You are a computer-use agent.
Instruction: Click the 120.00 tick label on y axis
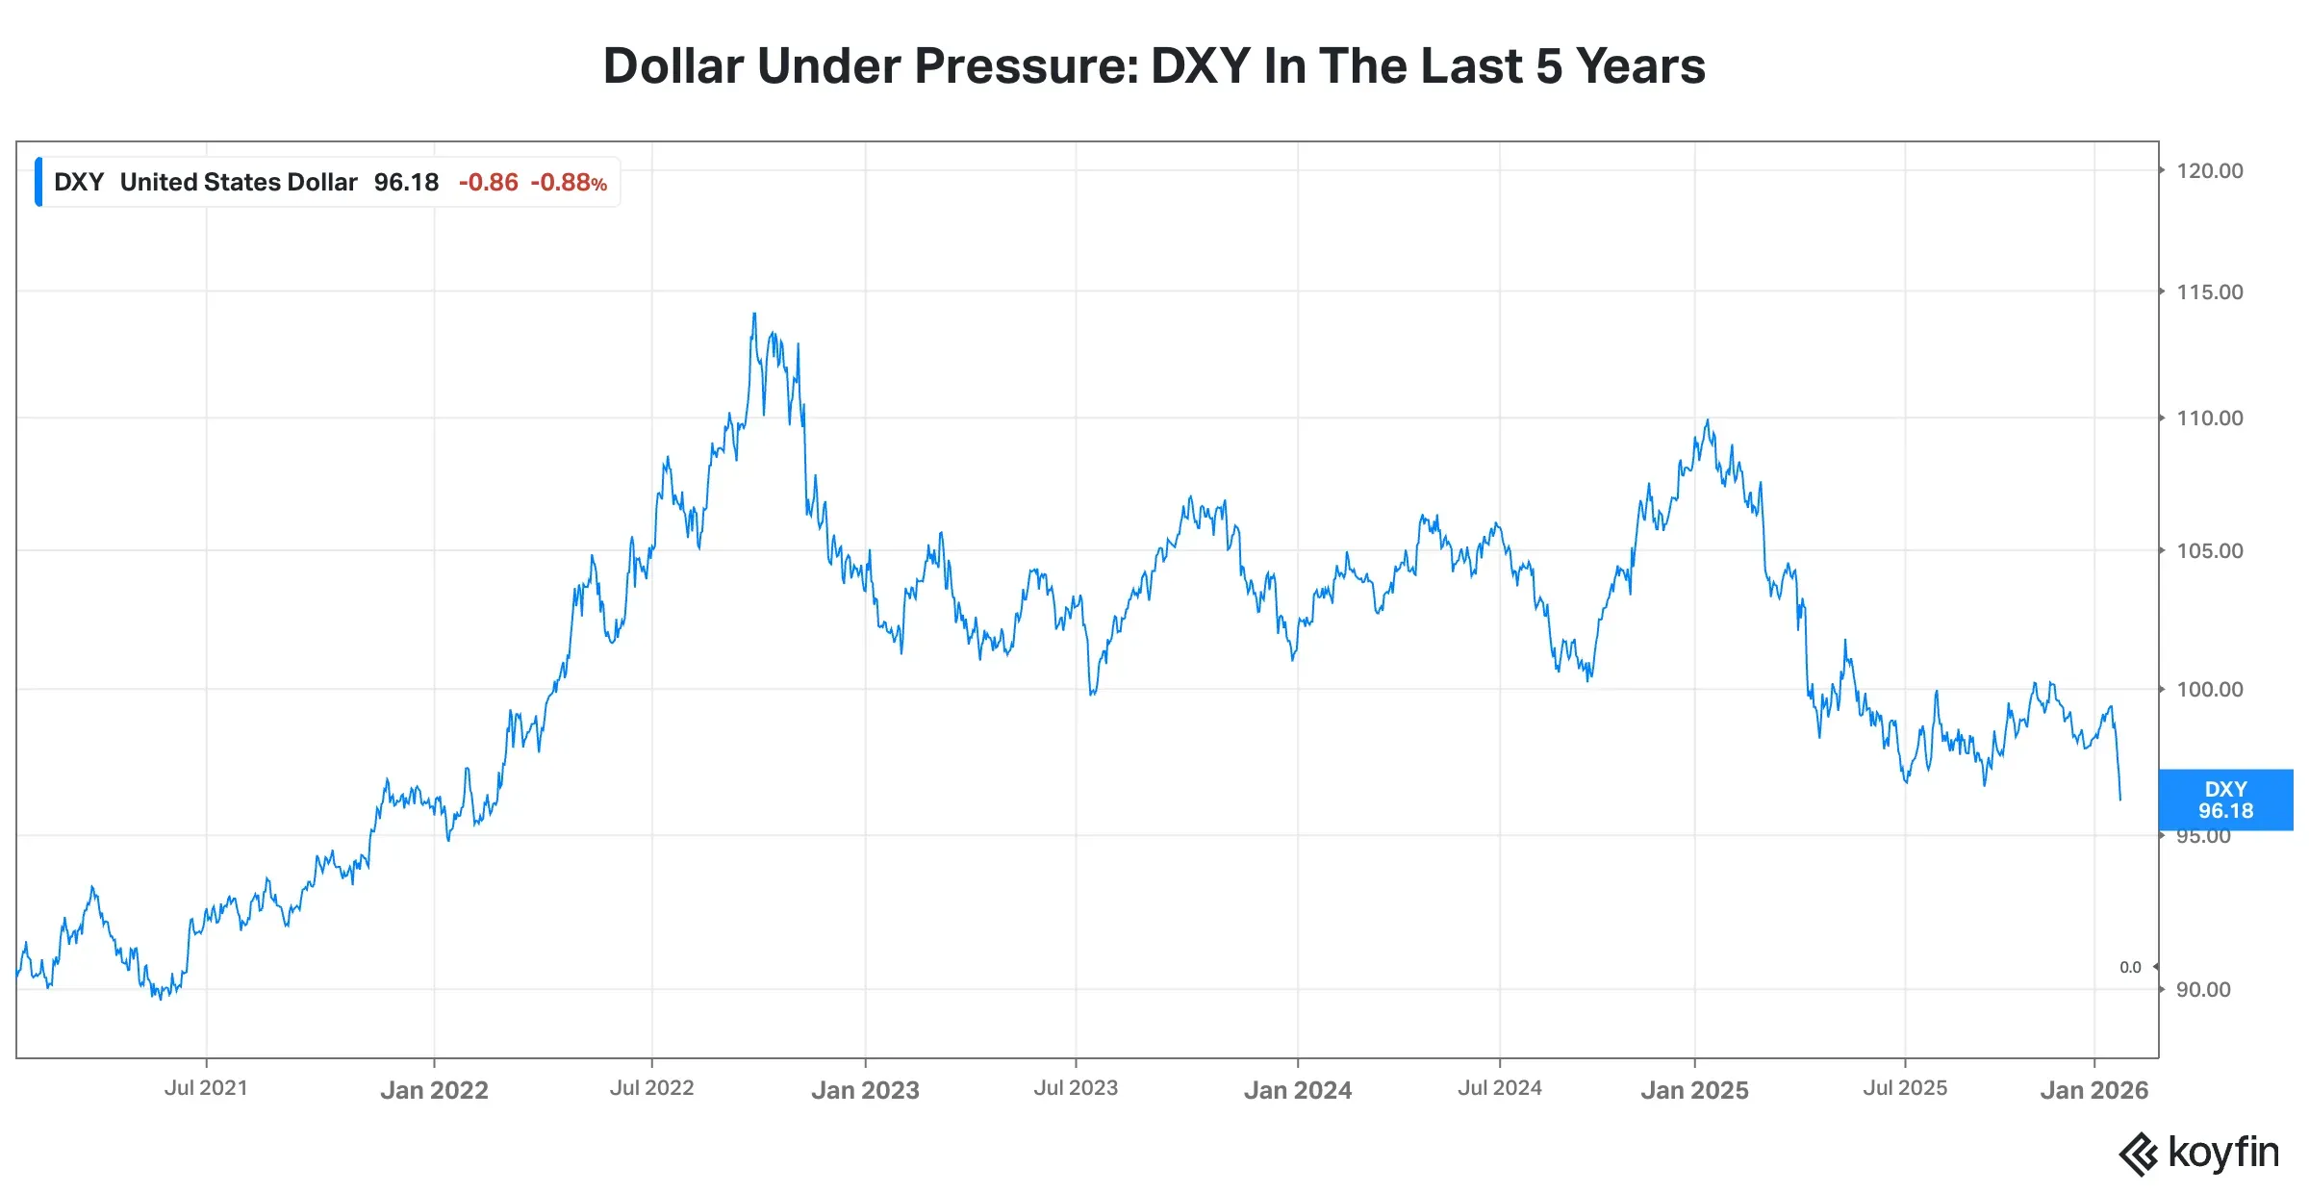click(x=2209, y=171)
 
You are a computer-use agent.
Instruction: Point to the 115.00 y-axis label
click(x=2209, y=292)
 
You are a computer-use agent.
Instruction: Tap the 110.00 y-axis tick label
click(x=2209, y=419)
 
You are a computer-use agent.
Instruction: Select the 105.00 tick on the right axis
click(x=2209, y=551)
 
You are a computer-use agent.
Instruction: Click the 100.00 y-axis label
click(x=2209, y=690)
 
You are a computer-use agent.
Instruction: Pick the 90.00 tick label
click(x=2203, y=990)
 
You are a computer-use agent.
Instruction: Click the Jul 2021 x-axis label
click(x=206, y=1088)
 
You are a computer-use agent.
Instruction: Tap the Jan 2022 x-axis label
click(x=434, y=1090)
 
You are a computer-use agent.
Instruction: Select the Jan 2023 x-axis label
click(x=865, y=1090)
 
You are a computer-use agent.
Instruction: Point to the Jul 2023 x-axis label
click(x=1076, y=1088)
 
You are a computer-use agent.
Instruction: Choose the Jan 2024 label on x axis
click(x=1297, y=1090)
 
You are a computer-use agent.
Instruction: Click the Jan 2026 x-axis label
click(x=2093, y=1090)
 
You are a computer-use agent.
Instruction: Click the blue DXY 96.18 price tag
click(x=2225, y=800)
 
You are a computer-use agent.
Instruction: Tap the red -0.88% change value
click(x=569, y=183)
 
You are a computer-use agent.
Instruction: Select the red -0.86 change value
click(x=488, y=183)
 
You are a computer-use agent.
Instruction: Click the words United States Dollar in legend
click(x=239, y=183)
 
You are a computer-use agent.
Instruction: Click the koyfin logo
click(x=2199, y=1153)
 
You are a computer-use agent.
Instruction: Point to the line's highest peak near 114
click(x=754, y=314)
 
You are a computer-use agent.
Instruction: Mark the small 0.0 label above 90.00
click(x=2130, y=968)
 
